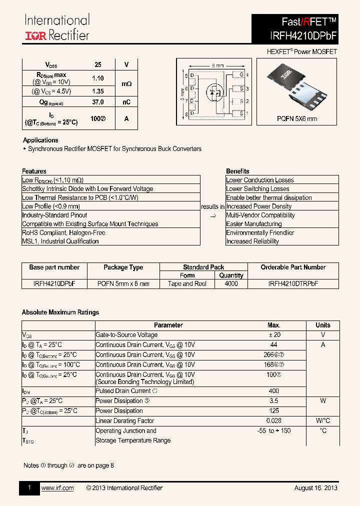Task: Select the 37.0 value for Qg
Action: pos(98,102)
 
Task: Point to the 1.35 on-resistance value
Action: pos(98,91)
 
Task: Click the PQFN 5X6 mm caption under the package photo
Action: pos(297,119)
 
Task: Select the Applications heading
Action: pos(40,140)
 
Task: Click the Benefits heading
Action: pos(237,171)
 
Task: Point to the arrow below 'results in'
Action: pos(212,215)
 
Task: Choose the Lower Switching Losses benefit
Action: pos(257,189)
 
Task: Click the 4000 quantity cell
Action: pos(231,283)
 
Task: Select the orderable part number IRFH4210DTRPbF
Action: pos(293,283)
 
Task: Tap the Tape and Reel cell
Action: pos(187,283)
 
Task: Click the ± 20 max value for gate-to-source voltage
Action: pos(274,335)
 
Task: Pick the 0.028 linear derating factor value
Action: pos(274,421)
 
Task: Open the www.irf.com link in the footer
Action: pos(57,488)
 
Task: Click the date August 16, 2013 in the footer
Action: pos(315,488)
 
